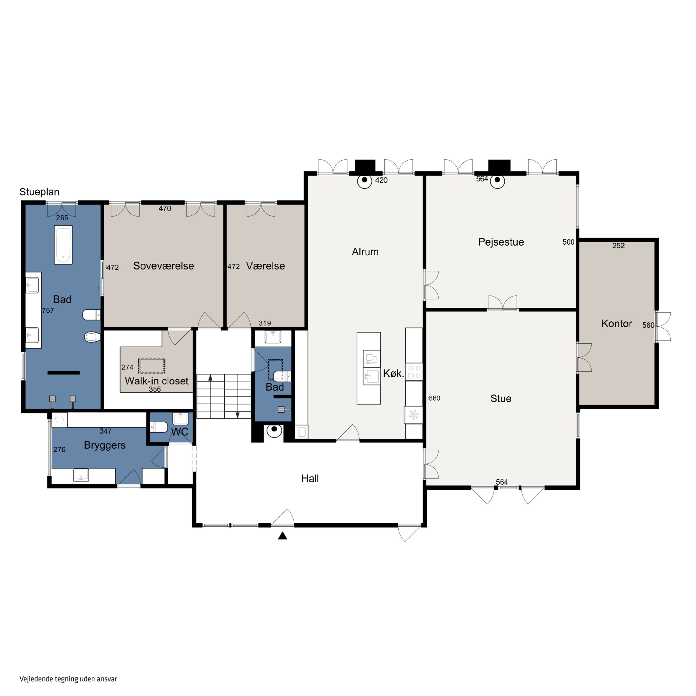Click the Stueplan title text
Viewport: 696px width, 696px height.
[39, 192]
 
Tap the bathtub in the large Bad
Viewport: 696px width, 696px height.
[63, 245]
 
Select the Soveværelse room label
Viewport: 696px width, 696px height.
[164, 266]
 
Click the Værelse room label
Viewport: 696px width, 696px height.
[265, 266]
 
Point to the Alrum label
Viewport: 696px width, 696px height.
[365, 252]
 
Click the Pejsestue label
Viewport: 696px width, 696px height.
[501, 242]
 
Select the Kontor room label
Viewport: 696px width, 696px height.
[617, 323]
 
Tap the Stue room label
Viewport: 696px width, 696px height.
[501, 398]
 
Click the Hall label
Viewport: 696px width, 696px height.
[310, 478]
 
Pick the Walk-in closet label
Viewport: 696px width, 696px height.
[157, 381]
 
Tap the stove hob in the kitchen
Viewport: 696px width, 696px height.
[414, 372]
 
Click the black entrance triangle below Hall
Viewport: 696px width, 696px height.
[282, 536]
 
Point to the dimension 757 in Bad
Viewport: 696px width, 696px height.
[48, 310]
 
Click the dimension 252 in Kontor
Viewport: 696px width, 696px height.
[619, 246]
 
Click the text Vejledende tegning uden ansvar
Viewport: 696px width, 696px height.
[68, 679]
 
